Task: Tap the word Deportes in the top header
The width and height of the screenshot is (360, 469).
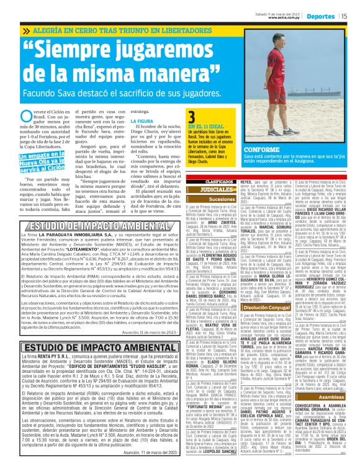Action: [x=321, y=16]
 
